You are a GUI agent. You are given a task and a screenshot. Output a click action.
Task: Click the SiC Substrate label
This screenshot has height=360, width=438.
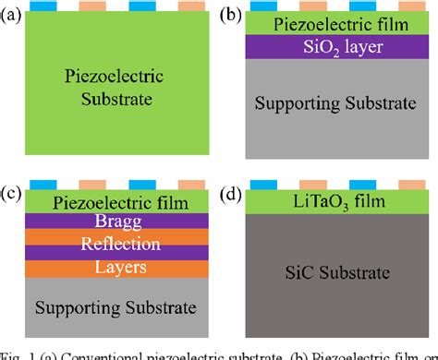(337, 274)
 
